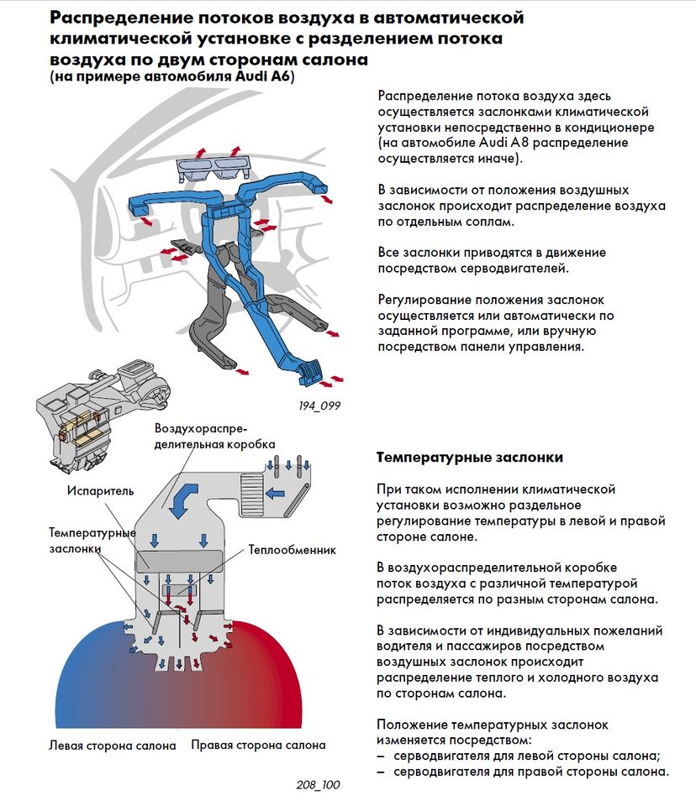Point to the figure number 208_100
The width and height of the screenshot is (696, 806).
319,785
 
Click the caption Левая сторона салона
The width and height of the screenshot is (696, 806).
112,745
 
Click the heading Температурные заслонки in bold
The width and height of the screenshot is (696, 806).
470,458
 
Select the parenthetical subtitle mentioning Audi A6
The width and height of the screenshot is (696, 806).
175,77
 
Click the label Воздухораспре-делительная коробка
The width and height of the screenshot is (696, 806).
214,436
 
